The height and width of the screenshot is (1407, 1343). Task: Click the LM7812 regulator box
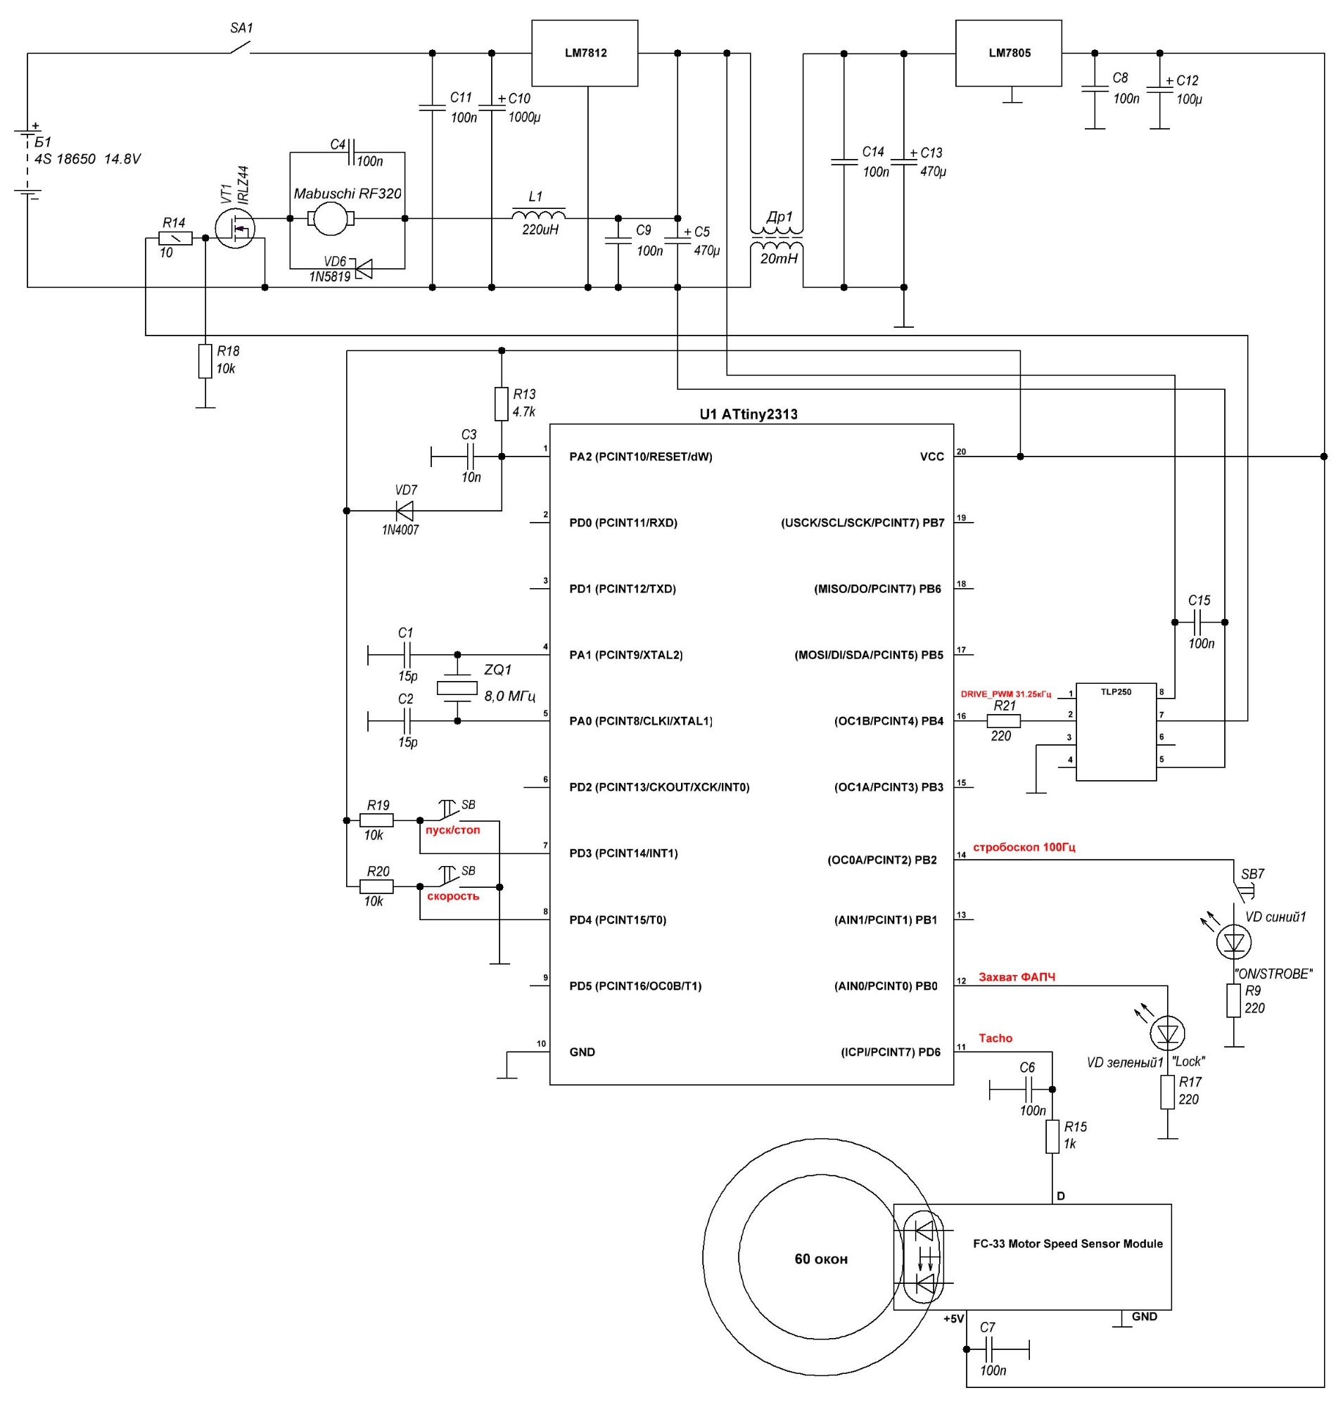tap(584, 53)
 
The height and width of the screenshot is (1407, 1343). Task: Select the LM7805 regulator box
tap(1008, 53)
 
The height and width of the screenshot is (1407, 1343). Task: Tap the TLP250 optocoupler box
tap(1115, 731)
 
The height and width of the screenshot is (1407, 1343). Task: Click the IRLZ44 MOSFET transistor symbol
tap(235, 229)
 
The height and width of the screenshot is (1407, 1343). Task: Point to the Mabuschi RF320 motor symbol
tap(330, 218)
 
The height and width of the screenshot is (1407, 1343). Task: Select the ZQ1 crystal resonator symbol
tap(457, 687)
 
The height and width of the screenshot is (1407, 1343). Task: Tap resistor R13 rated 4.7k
tap(501, 404)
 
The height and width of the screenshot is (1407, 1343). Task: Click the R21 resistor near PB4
tap(1004, 721)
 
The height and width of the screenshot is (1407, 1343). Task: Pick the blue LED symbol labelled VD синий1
tap(1233, 941)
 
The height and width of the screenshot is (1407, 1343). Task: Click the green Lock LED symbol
tap(1167, 1033)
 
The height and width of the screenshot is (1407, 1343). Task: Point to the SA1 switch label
tap(241, 29)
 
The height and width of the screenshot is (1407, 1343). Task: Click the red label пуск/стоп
tap(452, 830)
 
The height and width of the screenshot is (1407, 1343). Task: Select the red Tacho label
tap(995, 1038)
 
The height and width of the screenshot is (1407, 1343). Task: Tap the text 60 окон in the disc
tap(820, 1259)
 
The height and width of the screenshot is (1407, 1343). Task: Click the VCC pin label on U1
tap(931, 457)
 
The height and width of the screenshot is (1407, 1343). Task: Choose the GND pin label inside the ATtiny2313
tap(582, 1052)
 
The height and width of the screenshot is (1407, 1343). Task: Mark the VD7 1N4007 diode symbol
tap(405, 511)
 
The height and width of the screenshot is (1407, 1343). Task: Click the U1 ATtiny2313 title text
tap(748, 414)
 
